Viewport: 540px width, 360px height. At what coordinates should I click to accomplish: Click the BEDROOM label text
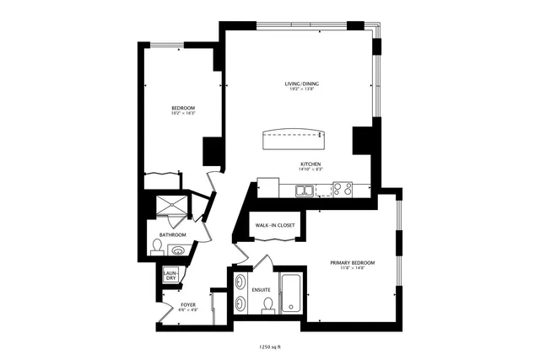184,107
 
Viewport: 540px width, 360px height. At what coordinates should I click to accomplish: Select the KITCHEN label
310,164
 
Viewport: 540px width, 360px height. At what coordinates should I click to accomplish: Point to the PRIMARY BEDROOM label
352,263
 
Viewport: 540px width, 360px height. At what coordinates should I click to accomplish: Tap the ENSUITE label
261,289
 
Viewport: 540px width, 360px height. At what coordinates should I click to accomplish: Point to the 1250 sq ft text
270,346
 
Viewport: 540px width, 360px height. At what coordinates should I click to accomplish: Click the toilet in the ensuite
268,306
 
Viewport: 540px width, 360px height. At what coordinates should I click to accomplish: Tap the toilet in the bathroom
157,247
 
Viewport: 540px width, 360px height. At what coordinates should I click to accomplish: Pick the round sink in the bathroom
177,250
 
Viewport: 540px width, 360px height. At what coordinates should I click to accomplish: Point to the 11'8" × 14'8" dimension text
352,269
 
